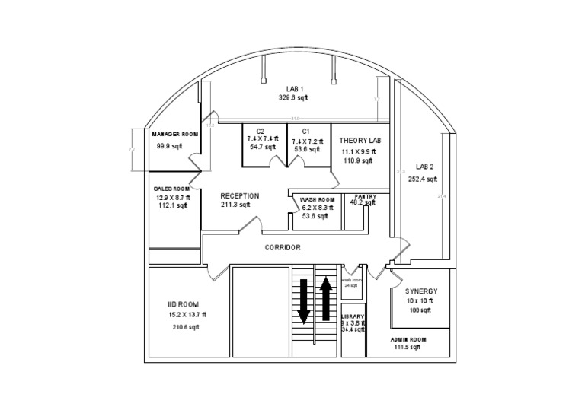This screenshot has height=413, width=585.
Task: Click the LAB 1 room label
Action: click(x=293, y=89)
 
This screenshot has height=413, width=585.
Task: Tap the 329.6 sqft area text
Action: click(x=293, y=98)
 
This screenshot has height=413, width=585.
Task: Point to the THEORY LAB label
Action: click(x=360, y=141)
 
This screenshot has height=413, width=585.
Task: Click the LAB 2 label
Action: click(x=424, y=166)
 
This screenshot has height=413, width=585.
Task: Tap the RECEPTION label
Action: click(x=240, y=195)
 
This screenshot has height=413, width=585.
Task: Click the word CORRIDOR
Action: click(x=283, y=248)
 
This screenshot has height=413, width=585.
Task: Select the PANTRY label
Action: click(x=363, y=195)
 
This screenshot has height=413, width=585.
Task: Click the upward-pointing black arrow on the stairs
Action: click(x=326, y=298)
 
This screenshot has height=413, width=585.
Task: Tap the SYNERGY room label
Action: click(x=421, y=291)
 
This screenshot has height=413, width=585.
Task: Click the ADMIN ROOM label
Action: click(x=408, y=338)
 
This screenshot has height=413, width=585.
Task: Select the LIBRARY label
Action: click(x=353, y=316)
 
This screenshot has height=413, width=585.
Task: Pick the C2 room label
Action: click(x=261, y=131)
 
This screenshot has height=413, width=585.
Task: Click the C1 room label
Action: click(x=305, y=131)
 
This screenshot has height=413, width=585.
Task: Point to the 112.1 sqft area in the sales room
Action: click(x=171, y=205)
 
